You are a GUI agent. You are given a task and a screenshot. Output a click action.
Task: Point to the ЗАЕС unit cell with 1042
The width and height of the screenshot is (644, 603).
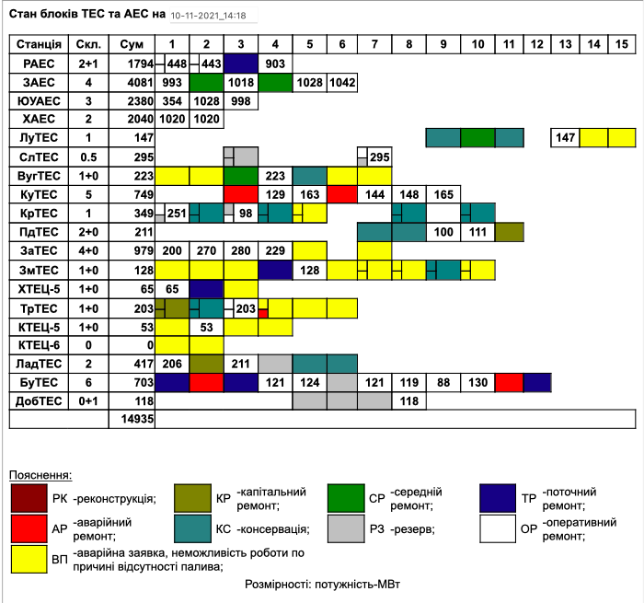(342, 82)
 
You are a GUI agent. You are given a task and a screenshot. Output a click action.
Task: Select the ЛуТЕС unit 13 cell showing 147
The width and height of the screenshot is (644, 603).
(566, 137)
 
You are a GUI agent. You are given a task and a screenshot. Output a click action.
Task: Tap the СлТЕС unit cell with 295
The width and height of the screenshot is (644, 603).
(379, 157)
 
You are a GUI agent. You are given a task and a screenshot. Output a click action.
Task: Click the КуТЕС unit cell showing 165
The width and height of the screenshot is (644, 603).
(443, 194)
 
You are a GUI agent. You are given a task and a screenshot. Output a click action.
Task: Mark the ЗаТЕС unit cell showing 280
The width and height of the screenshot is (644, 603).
(240, 250)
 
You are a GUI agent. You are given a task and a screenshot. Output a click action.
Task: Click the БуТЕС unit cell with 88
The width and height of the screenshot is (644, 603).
(443, 382)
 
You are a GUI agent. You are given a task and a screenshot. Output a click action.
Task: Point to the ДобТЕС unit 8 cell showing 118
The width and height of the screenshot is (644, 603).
(409, 400)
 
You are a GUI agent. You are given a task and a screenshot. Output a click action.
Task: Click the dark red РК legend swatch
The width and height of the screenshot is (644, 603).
(29, 499)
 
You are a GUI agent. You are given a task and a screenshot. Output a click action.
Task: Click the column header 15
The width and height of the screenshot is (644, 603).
(622, 44)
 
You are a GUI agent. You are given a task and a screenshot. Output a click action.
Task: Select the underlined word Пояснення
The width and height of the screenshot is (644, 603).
(40, 474)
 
